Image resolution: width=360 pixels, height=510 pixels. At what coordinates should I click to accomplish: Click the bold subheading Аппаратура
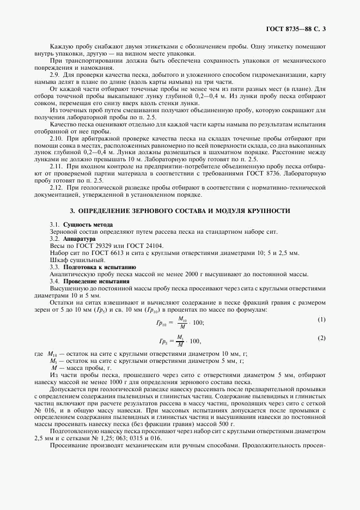tap(80, 239)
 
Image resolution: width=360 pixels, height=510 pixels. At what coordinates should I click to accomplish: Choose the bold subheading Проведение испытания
tap(96, 281)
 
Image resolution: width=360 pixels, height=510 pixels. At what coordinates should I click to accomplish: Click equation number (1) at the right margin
tap(321, 319)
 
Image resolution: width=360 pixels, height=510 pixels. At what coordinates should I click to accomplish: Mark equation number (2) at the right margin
tap(321, 338)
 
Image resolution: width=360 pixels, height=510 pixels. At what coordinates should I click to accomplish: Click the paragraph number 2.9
tap(54, 74)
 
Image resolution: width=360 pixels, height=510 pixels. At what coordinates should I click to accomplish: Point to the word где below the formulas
tap(38, 354)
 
